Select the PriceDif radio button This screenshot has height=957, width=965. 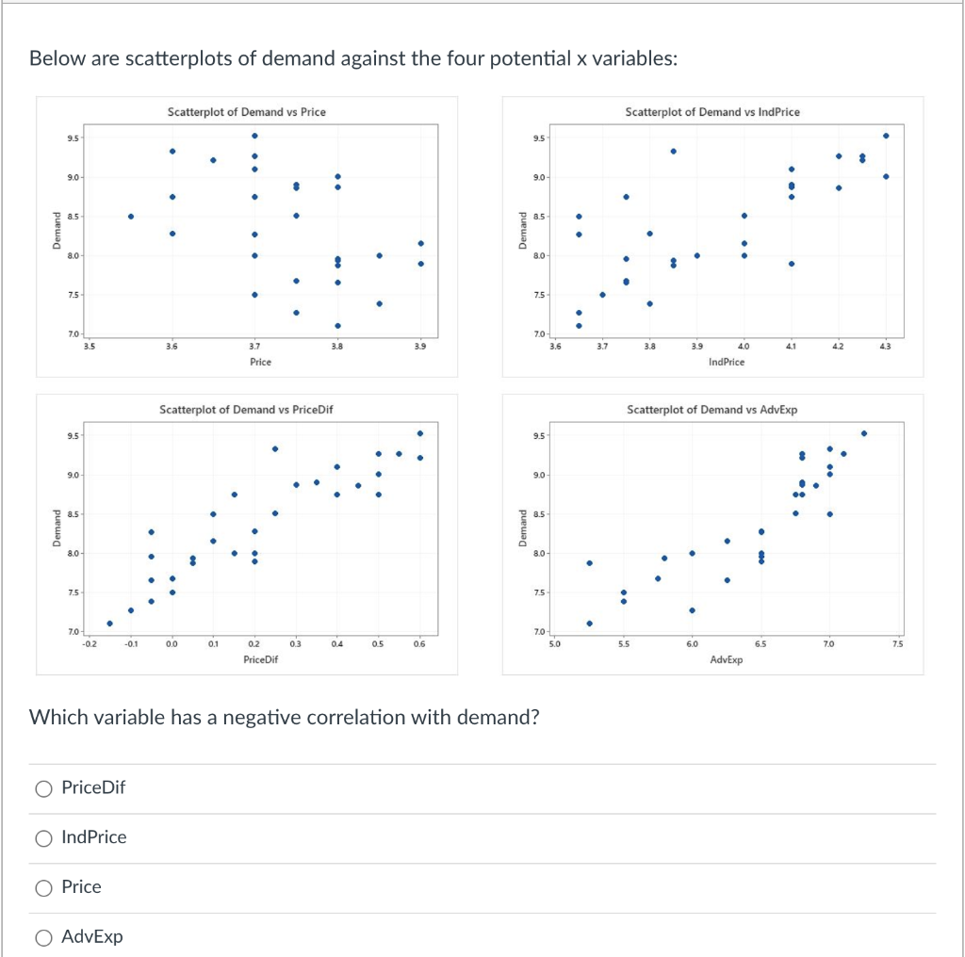coord(43,788)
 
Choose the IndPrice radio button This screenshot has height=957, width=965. coord(43,837)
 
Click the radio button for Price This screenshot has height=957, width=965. coord(43,887)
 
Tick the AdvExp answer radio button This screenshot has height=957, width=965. coord(43,937)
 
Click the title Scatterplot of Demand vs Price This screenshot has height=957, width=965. coord(246,112)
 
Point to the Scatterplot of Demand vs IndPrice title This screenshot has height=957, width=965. coord(711,112)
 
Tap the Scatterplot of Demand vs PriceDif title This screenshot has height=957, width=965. coord(246,410)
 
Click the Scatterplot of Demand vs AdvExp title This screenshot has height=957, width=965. coord(711,410)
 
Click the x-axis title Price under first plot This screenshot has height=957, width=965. coord(261,362)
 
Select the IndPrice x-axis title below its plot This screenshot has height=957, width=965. coord(726,362)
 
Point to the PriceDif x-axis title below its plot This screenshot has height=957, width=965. coord(260,659)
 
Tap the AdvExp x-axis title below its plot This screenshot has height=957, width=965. coord(726,659)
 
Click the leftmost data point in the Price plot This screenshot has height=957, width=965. coord(131,216)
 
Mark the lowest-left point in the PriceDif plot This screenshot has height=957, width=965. coord(110,623)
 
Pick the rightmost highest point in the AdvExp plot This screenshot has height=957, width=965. coord(864,433)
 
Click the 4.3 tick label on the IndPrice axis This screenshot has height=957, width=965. coord(885,347)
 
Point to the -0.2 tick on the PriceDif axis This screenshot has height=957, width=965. coord(88,644)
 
